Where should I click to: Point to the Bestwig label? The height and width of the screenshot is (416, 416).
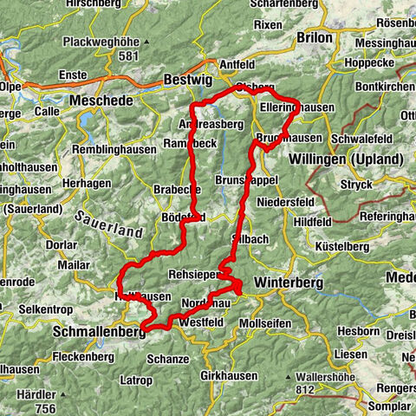pyautogui.click(x=188, y=80)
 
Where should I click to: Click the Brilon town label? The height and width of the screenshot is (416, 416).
pyautogui.click(x=314, y=38)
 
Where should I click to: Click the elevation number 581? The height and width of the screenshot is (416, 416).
pyautogui.click(x=130, y=56)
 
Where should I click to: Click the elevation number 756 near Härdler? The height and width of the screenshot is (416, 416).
pyautogui.click(x=45, y=408)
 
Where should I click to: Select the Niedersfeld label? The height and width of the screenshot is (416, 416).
pyautogui.click(x=285, y=201)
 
